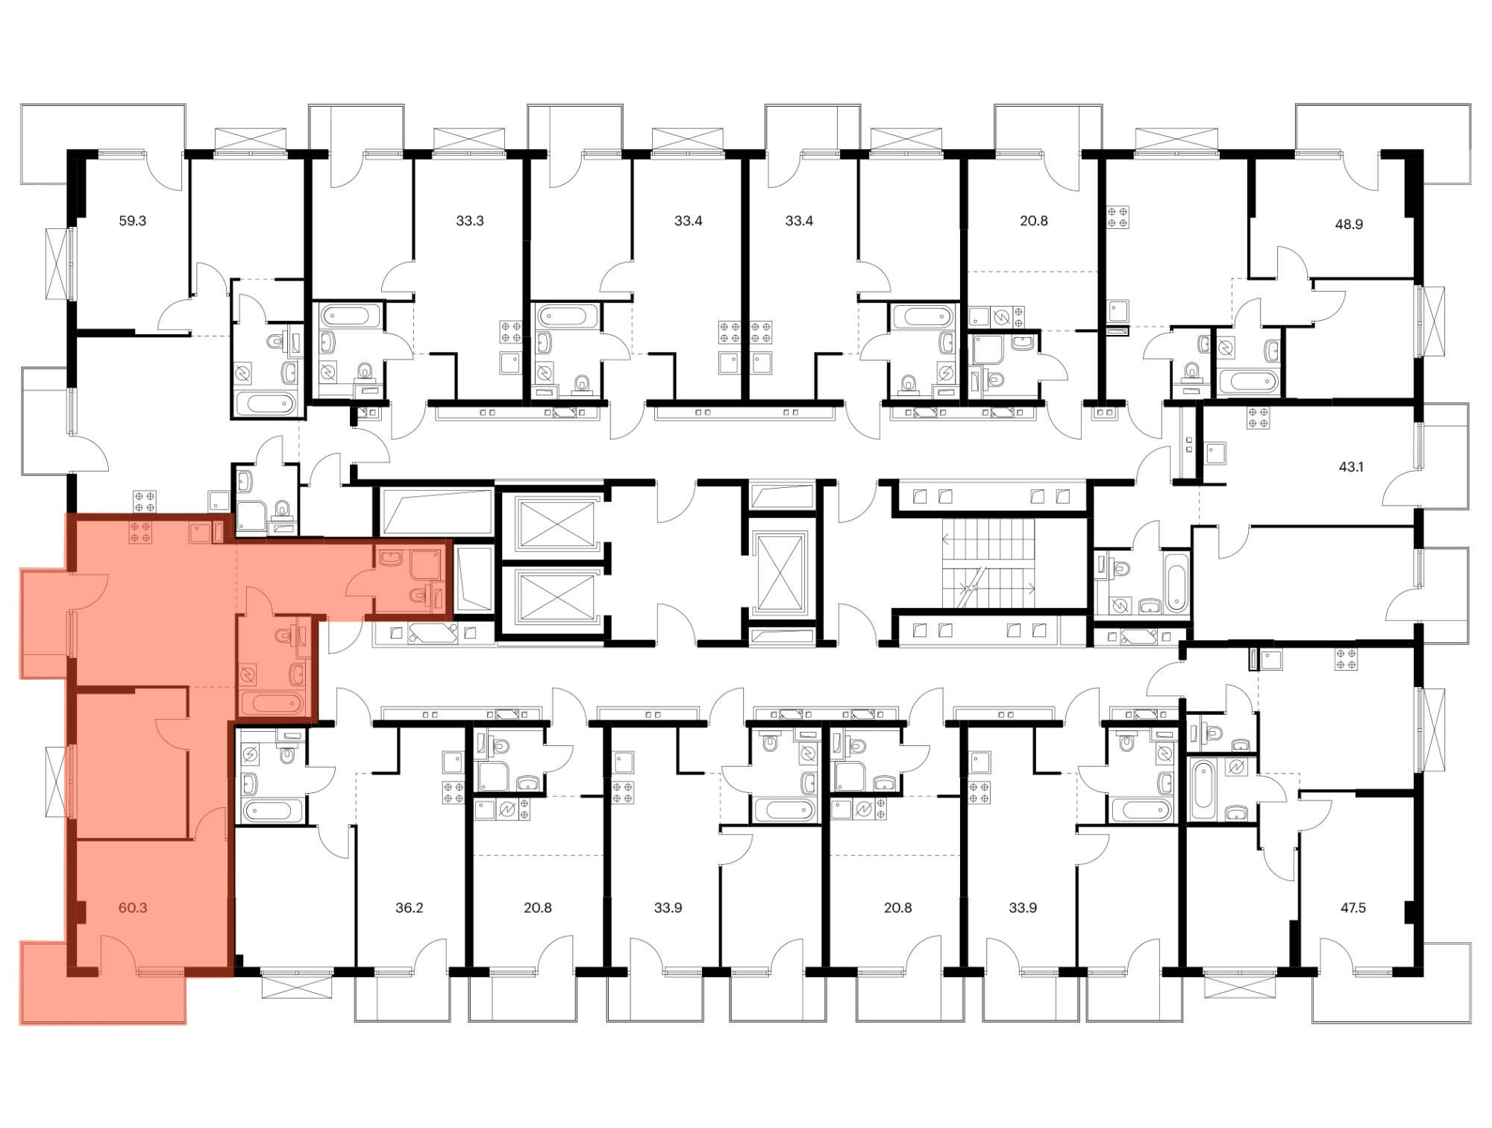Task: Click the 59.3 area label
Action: [x=133, y=221]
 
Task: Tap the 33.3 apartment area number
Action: [x=470, y=221]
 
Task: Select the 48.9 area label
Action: [x=1349, y=224]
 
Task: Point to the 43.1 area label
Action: [x=1351, y=467]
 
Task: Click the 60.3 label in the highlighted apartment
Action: [x=133, y=908]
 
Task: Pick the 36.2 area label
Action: [x=410, y=908]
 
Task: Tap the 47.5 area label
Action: [x=1353, y=908]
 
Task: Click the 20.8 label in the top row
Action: [x=1034, y=221]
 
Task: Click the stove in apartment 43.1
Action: [x=1259, y=418]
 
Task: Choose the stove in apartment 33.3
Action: [x=510, y=332]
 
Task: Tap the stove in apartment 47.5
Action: [x=1347, y=659]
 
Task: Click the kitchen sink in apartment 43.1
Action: [x=1216, y=454]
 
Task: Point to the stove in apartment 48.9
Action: [x=1118, y=217]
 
